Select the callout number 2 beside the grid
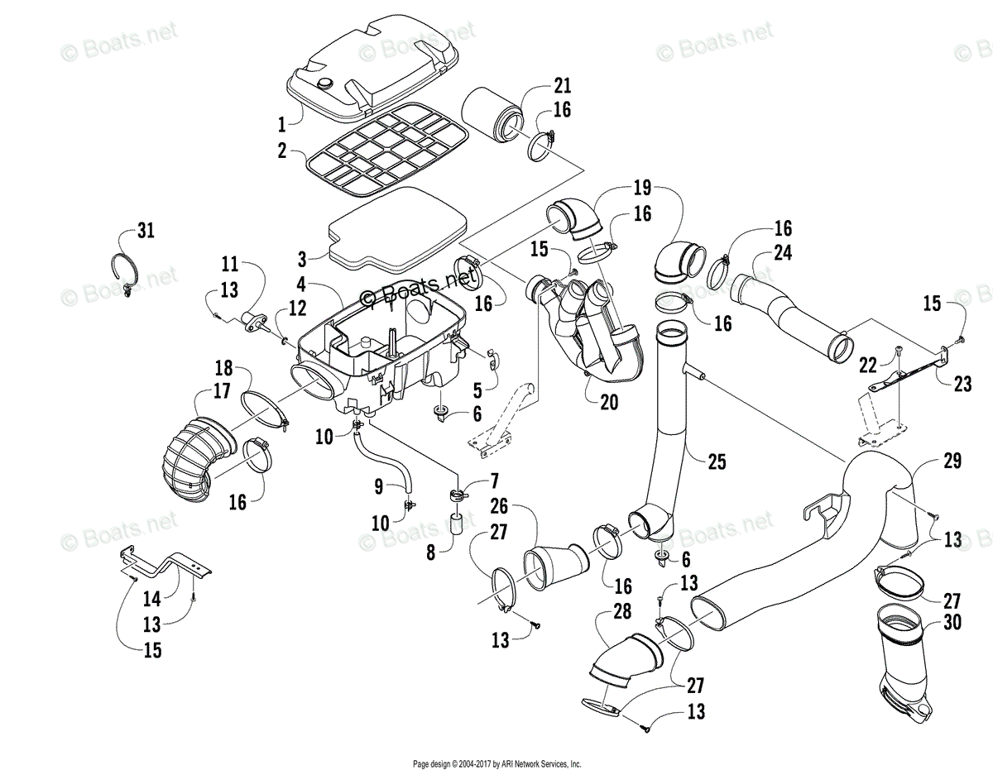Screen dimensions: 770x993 pyautogui.click(x=282, y=151)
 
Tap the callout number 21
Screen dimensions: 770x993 pyautogui.click(x=563, y=86)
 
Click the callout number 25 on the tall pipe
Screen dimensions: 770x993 pyautogui.click(x=717, y=462)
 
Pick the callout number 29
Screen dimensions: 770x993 pyautogui.click(x=952, y=462)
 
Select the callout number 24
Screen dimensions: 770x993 pyautogui.click(x=783, y=252)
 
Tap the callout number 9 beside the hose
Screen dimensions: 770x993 pyautogui.click(x=379, y=486)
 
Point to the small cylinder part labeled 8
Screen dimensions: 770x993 pyautogui.click(x=454, y=525)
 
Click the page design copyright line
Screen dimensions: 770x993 pyautogui.click(x=496, y=763)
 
